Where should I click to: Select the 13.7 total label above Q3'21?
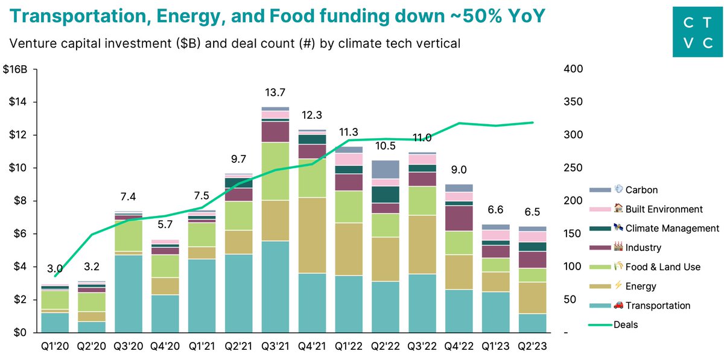point(275,92)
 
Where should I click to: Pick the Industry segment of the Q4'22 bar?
point(459,218)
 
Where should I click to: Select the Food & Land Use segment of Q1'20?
point(56,300)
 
